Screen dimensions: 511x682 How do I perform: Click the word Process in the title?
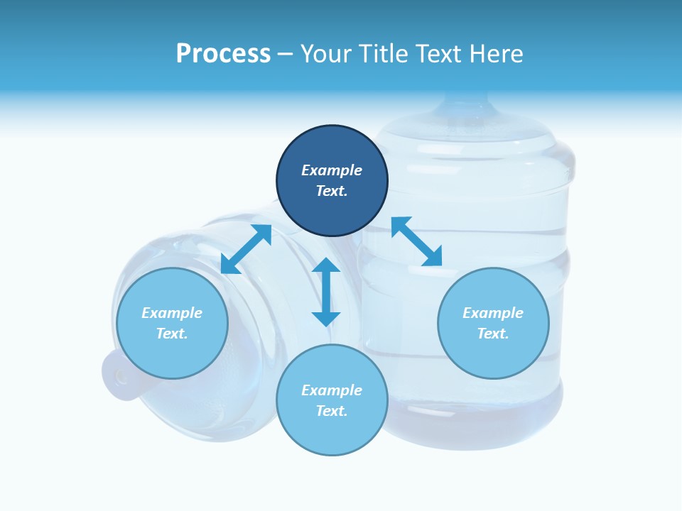223,54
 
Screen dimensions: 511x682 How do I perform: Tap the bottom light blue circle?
332,433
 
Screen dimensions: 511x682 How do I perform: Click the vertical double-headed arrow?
326,292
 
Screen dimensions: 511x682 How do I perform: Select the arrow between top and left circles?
246,249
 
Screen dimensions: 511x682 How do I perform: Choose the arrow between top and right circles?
417,241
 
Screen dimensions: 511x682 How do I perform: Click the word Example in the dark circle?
332,170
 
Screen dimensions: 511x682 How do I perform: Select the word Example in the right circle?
493,313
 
